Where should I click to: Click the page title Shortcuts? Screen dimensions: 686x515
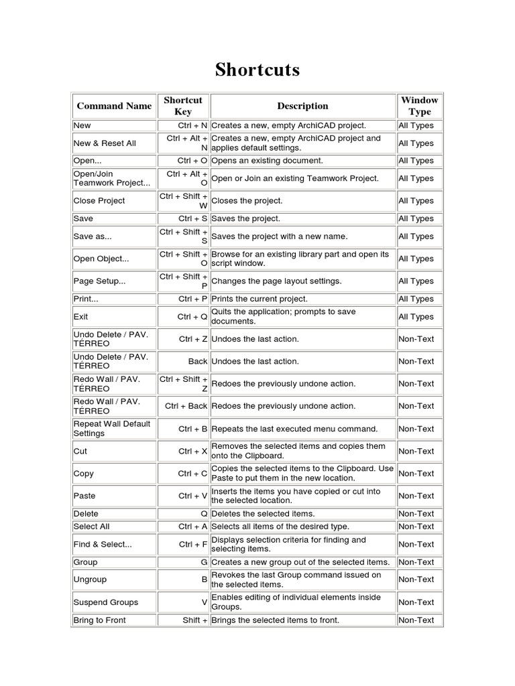tap(257, 70)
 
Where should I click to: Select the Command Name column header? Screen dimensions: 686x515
tap(114, 106)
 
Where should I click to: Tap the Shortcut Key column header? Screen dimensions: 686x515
tap(182, 106)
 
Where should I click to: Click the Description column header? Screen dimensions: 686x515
tap(302, 106)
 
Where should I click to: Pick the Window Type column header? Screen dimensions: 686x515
tap(419, 106)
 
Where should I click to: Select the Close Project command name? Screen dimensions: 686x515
tap(99, 200)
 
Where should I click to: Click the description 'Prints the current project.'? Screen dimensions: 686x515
tap(260, 299)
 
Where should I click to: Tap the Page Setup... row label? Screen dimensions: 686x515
tap(99, 281)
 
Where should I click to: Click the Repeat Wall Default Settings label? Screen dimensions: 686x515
tap(112, 429)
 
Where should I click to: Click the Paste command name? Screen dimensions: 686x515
tap(84, 496)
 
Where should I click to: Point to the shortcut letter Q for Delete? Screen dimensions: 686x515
tap(204, 514)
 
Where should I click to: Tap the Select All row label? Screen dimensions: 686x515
tap(91, 527)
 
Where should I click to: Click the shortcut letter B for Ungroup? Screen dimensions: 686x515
tap(204, 579)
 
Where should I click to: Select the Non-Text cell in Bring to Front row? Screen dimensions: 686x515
tap(416, 620)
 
